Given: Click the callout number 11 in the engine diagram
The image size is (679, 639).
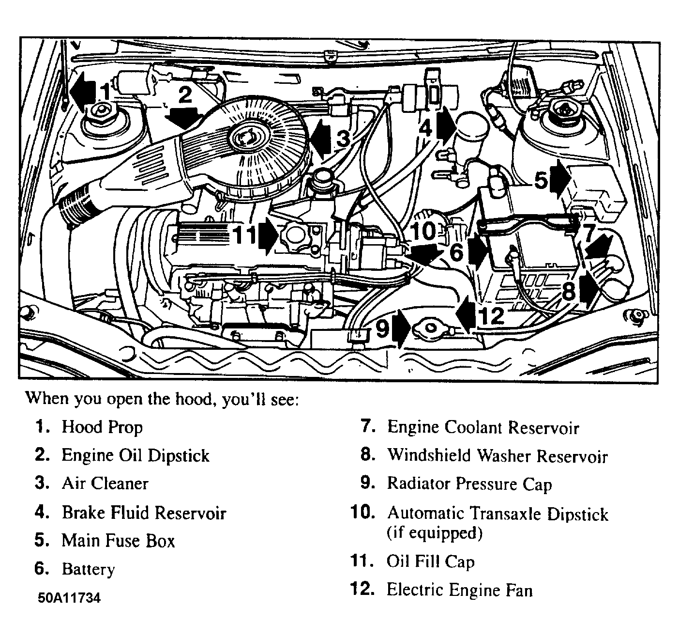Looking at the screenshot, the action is pos(244,235).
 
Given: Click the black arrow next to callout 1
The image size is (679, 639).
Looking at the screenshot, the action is pos(83,92).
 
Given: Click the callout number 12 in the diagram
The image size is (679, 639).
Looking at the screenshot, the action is pos(491,315).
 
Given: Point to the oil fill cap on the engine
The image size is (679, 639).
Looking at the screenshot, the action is pos(295,236).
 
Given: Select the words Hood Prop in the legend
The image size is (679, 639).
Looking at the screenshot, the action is pos(102,427).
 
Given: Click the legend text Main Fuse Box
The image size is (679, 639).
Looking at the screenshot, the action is pos(118,541).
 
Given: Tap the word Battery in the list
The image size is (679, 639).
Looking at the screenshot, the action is pos(88,569).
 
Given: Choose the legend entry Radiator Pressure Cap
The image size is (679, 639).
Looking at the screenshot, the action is pos(469,484).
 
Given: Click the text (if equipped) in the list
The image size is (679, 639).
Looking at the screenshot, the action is pos(435,533).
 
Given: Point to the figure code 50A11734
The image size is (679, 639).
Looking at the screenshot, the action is pos(69,598).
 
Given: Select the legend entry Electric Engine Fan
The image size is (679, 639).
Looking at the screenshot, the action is pos(460,590).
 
